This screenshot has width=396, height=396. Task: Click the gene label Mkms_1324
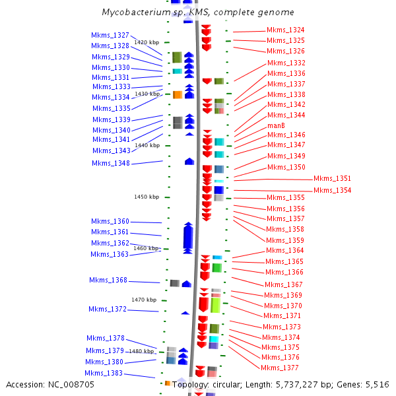286,30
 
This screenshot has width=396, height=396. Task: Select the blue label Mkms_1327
110,35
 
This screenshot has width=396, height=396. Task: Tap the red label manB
276,125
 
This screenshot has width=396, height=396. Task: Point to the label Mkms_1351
332,178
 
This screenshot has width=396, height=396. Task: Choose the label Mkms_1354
332,190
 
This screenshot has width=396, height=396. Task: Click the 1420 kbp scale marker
147,42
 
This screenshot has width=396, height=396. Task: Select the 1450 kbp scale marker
147,197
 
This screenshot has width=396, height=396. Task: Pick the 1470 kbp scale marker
144,300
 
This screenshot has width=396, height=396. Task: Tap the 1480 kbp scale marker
141,351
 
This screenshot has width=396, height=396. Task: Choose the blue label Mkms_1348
111,163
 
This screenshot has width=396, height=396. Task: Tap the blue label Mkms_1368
108,280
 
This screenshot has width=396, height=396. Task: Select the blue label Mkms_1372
108,309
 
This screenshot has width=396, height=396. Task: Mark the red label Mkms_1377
280,368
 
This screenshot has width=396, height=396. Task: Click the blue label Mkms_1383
103,373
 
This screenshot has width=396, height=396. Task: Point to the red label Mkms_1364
285,250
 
